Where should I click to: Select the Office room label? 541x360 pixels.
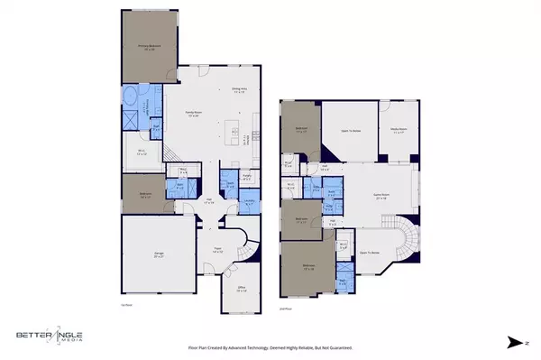coord(240,291)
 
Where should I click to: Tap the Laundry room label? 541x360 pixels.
coord(250,203)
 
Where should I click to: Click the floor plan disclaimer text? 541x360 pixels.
coord(270,346)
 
